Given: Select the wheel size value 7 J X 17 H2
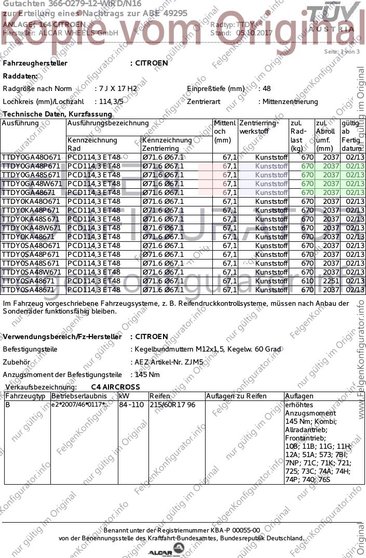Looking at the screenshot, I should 118,89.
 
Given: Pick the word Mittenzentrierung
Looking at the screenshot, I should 290,101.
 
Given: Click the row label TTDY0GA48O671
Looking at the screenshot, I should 32,157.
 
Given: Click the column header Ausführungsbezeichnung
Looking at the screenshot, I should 108,124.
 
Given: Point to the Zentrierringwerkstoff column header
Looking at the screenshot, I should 259,127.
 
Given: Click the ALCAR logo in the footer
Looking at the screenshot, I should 166,550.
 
